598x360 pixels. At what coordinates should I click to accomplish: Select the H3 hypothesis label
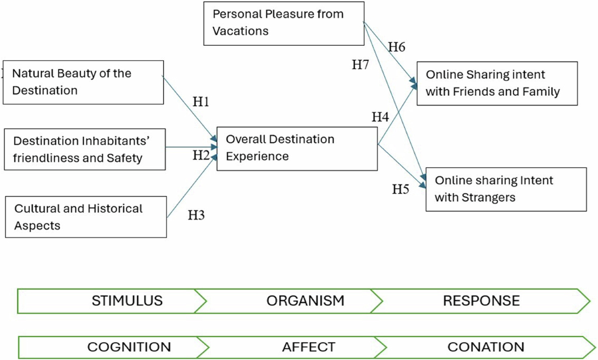[196, 216]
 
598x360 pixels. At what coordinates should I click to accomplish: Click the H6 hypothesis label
[397, 47]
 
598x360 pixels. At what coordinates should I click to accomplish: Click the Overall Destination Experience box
[297, 148]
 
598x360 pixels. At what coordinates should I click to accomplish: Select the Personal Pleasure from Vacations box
[283, 23]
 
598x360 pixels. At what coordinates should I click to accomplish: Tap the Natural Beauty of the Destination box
[83, 82]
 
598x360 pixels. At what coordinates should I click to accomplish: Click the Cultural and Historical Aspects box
[85, 217]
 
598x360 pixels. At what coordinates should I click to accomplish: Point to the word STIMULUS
[127, 301]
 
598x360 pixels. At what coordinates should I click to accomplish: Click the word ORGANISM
[305, 301]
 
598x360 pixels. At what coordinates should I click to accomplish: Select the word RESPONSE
[481, 301]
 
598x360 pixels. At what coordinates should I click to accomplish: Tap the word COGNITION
[129, 347]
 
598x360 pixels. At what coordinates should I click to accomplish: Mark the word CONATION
[486, 347]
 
